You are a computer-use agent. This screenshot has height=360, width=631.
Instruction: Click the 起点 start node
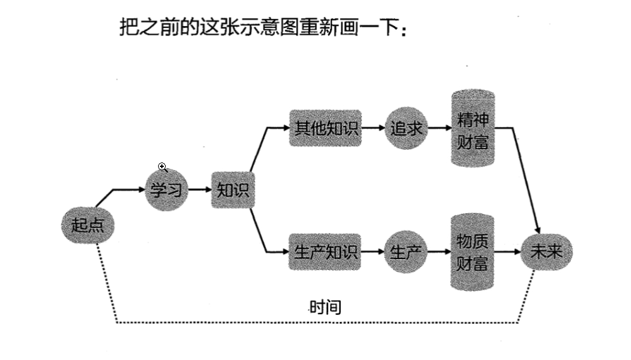pos(88,225)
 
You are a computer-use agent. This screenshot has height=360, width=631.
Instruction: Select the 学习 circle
pos(167,189)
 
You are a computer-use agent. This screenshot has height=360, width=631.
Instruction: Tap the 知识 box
pos(233,190)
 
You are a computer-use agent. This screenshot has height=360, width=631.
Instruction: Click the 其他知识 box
pos(326,128)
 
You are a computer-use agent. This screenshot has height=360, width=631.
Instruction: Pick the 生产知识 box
pos(326,252)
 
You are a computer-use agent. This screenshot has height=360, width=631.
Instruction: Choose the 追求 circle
pos(406,128)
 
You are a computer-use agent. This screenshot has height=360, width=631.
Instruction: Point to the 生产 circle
pos(406,252)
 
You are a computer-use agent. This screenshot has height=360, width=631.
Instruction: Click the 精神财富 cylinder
pos(472,128)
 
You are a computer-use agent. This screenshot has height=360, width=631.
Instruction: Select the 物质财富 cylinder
pos(472,252)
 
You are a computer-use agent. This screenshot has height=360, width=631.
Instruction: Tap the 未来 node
pos(545,252)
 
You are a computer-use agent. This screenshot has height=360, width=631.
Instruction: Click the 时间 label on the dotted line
pos(325,308)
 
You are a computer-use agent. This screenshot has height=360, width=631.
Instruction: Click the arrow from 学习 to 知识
pos(199,190)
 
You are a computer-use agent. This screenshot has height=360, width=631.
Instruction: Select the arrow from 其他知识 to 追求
pos(373,128)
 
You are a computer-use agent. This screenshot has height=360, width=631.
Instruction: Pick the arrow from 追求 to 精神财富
pos(439,128)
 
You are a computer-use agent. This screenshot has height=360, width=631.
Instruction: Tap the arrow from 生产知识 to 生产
pos(373,252)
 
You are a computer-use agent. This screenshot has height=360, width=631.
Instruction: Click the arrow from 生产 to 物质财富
pos(439,252)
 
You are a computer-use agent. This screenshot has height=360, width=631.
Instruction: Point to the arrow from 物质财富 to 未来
pos(508,252)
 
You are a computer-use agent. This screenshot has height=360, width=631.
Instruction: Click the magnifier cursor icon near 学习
pos(163,167)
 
